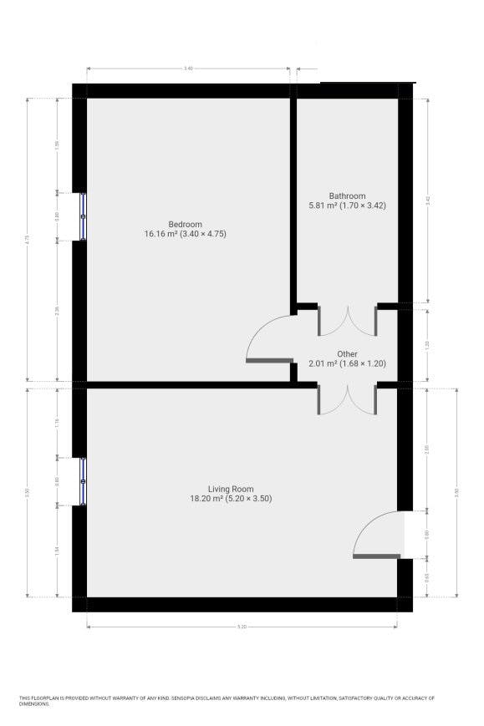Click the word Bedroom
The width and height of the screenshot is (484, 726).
point(185,224)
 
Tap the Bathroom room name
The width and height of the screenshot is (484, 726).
point(347,195)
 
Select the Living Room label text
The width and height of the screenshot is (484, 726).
point(231,489)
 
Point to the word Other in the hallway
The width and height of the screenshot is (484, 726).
point(347,354)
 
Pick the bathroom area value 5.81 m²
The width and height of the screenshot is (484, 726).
point(324,206)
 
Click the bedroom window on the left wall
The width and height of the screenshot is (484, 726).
point(83,216)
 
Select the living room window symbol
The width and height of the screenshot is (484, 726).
point(83,481)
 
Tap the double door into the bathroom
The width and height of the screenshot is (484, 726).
point(347,321)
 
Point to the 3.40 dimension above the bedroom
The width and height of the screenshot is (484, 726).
point(188,68)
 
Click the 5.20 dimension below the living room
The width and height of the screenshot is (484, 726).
point(242,626)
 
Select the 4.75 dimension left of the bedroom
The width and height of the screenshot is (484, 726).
point(28,239)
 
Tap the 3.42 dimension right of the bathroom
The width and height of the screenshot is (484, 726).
point(427,201)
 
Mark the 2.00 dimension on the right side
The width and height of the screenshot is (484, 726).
point(427,449)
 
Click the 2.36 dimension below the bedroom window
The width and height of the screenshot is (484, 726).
point(57,311)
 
